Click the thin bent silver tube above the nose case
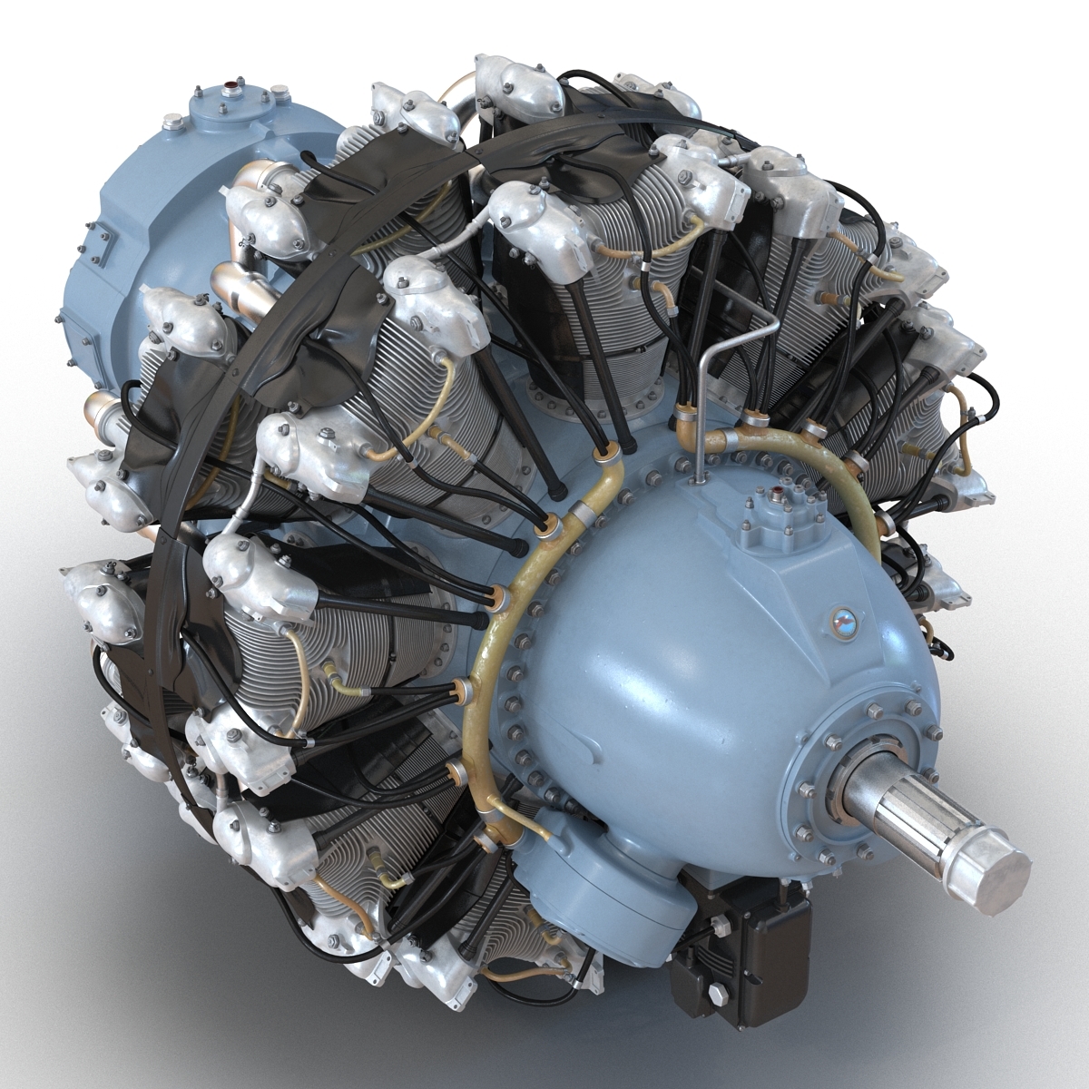[726, 363]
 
